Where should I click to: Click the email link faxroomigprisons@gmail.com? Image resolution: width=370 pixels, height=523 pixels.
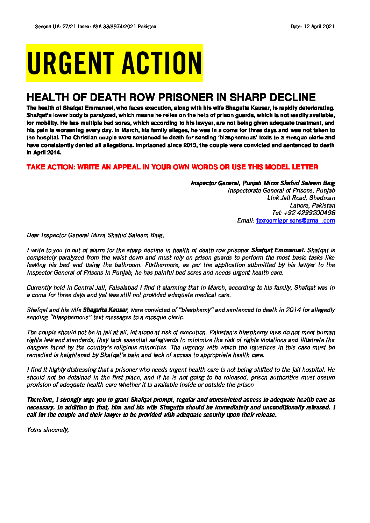point(296,220)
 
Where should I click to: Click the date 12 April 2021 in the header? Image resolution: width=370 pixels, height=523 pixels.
point(319,27)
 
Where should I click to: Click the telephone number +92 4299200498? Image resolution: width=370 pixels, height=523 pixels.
point(309,213)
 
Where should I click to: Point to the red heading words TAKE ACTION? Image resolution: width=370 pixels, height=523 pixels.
point(51,167)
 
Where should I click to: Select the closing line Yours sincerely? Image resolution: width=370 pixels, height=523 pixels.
point(48,430)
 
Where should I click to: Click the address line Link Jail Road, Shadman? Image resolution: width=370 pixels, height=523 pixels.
point(301,198)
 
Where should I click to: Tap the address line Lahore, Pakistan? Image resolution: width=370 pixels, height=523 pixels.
point(312,205)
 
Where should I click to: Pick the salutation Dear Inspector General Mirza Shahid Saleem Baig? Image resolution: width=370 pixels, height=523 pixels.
point(95,235)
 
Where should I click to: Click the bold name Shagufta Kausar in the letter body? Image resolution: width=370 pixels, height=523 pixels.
point(105,310)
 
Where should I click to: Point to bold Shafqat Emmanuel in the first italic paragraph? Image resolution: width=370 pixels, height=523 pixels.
point(278,250)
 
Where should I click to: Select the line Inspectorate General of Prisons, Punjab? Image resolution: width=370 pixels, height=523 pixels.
point(281,190)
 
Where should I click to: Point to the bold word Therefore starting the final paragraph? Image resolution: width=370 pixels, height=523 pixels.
point(40,400)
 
